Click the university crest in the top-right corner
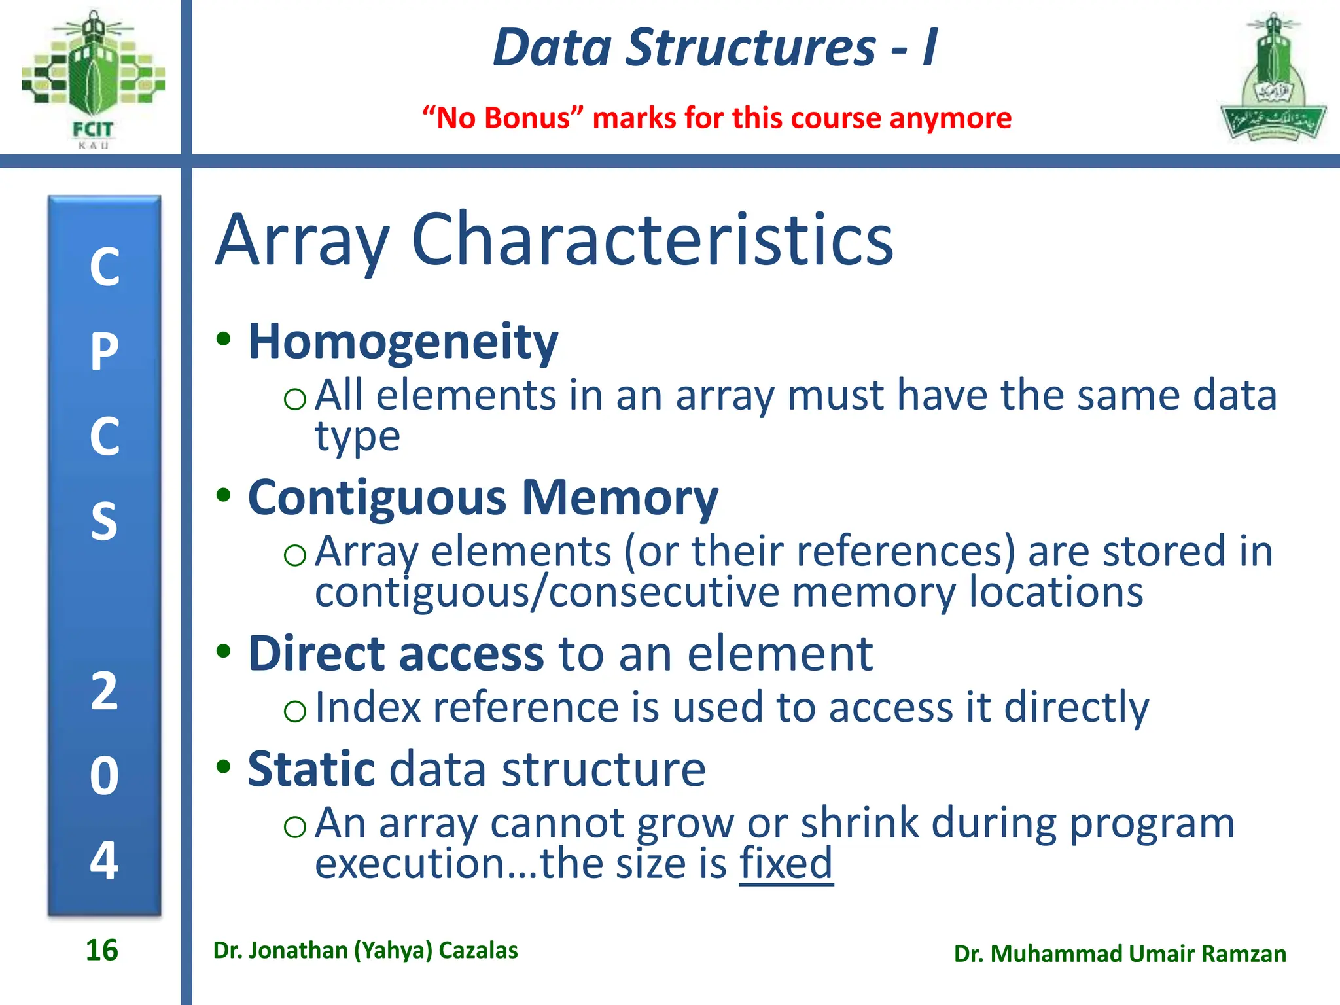1273,79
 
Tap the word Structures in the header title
750,48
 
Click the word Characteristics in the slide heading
652,240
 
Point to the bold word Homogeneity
403,342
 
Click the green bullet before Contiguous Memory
224,495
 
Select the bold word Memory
620,499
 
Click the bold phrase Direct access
396,654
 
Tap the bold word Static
311,769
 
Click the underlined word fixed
786,863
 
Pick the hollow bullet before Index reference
295,711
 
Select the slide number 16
102,950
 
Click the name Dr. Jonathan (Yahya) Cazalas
365,950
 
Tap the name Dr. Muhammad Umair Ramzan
1120,954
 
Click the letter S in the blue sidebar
105,521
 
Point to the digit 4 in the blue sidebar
105,860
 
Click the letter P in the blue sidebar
105,352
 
